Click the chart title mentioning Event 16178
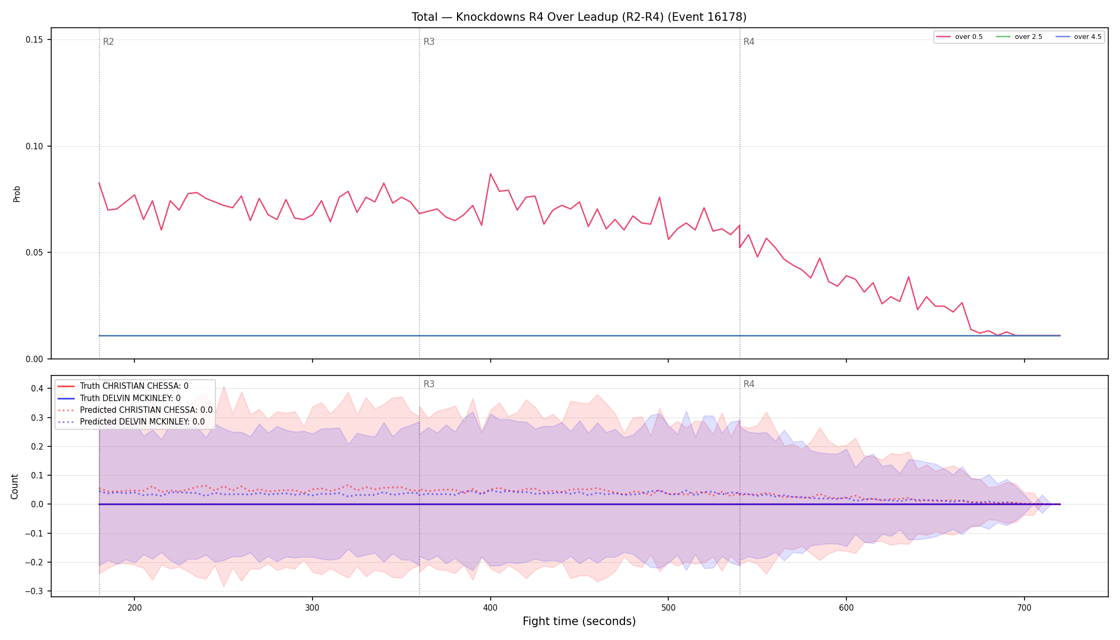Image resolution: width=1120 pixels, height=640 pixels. pos(579,17)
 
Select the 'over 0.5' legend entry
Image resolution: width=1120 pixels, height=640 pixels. pos(959,37)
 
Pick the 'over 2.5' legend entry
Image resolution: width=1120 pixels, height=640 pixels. pos(1019,37)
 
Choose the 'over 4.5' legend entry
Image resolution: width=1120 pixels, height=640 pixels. pos(1078,37)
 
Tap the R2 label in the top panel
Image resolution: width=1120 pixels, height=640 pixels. pos(108,42)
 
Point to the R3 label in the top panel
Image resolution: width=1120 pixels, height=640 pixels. pos(429,42)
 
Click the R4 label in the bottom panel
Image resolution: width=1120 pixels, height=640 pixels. pos(749,384)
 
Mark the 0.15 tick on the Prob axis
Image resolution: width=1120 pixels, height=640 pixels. pos(36,40)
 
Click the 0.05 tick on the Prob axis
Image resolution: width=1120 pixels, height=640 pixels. pos(36,253)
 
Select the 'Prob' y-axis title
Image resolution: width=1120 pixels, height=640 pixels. pos(17,194)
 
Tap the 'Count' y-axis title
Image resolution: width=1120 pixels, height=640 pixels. pos(14,486)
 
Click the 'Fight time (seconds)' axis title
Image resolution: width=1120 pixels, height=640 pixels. pos(579,621)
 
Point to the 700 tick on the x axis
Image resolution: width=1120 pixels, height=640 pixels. pos(1024,607)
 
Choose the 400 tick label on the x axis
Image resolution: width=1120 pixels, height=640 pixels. pos(490,607)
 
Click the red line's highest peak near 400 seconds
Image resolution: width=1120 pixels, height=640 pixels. pos(491,174)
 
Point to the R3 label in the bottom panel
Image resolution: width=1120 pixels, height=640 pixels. pos(429,384)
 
